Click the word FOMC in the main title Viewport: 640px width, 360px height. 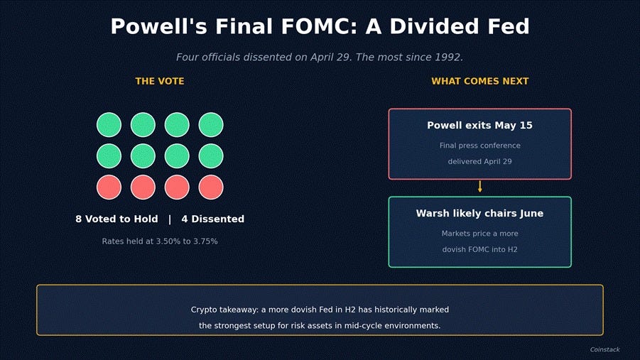coord(316,26)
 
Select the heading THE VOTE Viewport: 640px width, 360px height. coord(160,81)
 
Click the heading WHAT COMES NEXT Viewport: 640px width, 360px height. coord(480,81)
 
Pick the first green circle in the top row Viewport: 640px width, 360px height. coord(109,125)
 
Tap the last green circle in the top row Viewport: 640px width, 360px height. coord(211,125)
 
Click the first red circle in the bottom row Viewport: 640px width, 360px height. coord(109,187)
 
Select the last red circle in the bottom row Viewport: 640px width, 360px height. coord(211,187)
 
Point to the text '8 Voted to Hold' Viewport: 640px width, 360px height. coord(116,219)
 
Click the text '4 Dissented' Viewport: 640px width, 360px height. coord(212,219)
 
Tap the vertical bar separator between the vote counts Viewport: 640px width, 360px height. coord(170,219)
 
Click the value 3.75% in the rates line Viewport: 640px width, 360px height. coord(205,241)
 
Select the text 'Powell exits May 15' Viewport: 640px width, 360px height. coord(480,125)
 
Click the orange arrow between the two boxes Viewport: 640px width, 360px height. coord(480,187)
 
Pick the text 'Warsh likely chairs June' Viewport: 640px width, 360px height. coord(480,214)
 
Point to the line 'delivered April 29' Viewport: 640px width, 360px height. coord(480,162)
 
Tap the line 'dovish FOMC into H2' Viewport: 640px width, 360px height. coord(480,249)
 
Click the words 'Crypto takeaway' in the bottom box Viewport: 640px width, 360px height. coord(224,310)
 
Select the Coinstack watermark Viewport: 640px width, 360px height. coord(605,349)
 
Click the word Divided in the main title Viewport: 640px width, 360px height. coord(434,26)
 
